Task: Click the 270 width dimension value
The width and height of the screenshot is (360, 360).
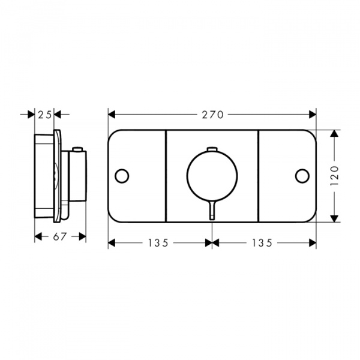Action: [x=212, y=115]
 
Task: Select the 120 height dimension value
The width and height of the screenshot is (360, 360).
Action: [x=335, y=176]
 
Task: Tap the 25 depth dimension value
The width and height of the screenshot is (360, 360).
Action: [x=45, y=115]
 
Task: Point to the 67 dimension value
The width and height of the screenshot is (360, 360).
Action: [x=60, y=236]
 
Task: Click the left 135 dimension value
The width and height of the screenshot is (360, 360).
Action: [x=158, y=242]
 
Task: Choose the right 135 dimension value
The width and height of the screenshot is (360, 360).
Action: [x=262, y=242]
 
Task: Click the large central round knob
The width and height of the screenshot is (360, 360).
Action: [x=212, y=175]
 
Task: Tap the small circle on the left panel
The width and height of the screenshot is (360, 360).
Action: [x=122, y=176]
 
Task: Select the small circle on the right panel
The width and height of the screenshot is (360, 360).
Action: [x=302, y=176]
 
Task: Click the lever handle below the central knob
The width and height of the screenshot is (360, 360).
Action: [x=212, y=210]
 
